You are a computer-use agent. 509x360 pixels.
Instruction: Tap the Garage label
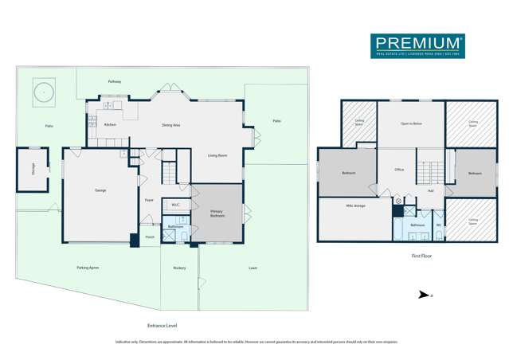coord(100,190)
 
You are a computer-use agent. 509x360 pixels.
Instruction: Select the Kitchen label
coord(110,125)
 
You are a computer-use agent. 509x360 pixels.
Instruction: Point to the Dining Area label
coord(170,125)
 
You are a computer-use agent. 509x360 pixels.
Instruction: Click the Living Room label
coord(217,155)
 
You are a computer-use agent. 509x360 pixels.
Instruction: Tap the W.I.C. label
coord(175,205)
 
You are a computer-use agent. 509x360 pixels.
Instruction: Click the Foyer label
coord(149,200)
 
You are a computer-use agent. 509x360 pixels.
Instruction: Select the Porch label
coord(150,237)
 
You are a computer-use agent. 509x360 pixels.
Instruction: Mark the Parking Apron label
coord(88,268)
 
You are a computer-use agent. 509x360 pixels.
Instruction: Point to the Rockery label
coord(179,268)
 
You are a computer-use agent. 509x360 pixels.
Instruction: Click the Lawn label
coord(253,268)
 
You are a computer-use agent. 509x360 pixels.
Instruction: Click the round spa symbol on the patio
coord(43,92)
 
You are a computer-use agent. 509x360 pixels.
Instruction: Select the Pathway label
coord(115,82)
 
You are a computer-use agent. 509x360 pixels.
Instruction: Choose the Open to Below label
coord(410,124)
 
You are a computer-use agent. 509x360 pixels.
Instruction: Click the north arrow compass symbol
coord(423,295)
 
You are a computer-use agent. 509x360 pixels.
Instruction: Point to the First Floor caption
coord(421,256)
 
